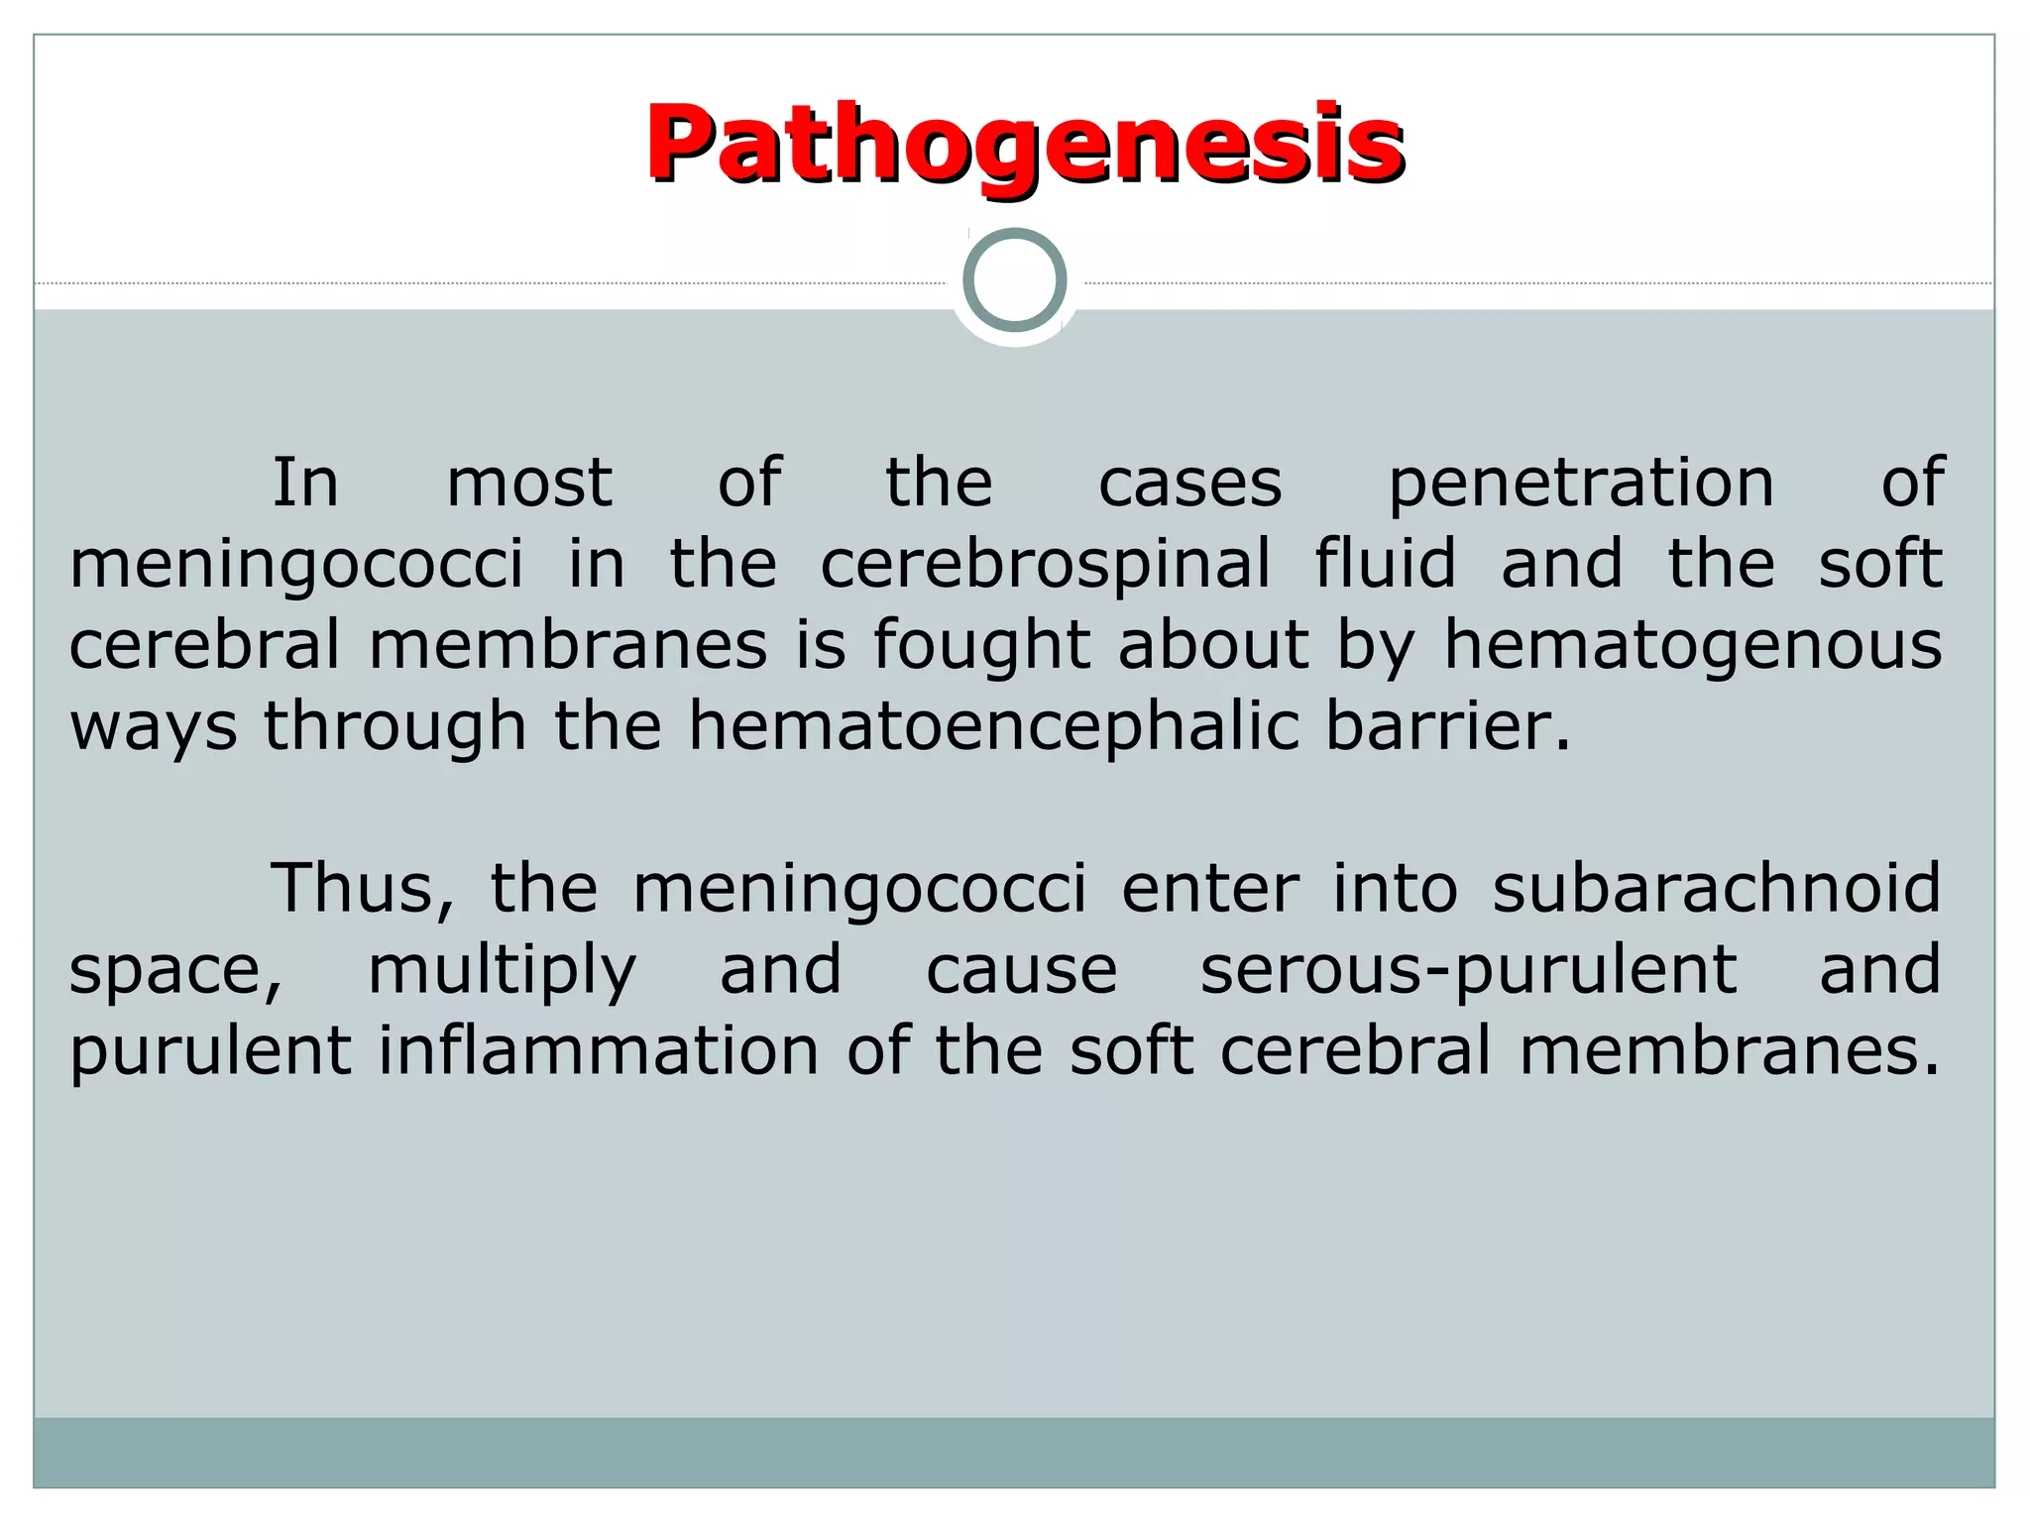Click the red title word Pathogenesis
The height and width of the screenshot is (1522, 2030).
point(1025,145)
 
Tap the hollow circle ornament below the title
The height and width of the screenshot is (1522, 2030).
point(1015,280)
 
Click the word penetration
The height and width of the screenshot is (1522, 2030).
point(1581,485)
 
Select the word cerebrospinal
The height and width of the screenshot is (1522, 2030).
point(1045,565)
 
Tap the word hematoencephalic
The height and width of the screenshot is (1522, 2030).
point(993,726)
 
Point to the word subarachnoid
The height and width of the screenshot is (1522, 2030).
point(1716,888)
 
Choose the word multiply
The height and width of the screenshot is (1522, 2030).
point(502,971)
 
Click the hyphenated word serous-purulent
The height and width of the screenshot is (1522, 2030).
point(1468,971)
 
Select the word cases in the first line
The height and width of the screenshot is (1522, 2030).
point(1189,485)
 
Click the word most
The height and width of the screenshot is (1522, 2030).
point(529,485)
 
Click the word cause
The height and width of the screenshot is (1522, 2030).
point(1021,971)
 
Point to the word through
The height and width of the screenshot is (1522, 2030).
point(395,726)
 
